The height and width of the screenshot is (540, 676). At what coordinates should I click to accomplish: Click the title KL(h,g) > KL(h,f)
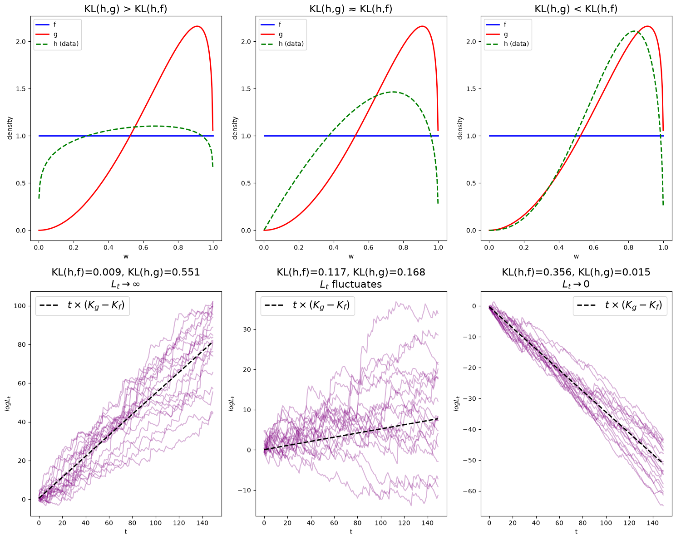[x=126, y=9]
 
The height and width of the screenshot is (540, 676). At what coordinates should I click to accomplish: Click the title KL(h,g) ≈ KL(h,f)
[x=351, y=9]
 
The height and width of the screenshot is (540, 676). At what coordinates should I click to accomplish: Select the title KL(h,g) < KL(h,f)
[x=576, y=9]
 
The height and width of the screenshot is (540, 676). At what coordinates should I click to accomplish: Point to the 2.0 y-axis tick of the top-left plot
[x=21, y=41]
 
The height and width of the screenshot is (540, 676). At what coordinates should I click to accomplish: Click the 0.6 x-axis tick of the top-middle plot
[x=368, y=247]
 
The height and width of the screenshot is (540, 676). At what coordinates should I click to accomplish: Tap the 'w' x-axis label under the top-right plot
[x=576, y=256]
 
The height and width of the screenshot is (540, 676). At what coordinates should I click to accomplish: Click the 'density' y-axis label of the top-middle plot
[x=235, y=128]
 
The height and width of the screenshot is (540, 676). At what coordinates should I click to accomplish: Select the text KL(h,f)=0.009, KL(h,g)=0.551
[x=126, y=272]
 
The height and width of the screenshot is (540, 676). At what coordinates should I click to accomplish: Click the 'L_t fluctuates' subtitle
[x=351, y=285]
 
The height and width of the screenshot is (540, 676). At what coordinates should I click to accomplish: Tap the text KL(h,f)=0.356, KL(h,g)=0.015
[x=576, y=272]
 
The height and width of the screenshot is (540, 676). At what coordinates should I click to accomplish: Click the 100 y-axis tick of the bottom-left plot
[x=20, y=306]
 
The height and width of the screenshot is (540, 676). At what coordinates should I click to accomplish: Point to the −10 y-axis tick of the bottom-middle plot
[x=244, y=490]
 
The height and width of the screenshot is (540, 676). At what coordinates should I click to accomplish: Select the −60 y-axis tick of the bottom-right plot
[x=469, y=491]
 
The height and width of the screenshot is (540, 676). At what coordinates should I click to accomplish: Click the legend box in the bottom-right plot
[x=620, y=305]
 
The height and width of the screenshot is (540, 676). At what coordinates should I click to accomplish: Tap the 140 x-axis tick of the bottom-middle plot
[x=427, y=523]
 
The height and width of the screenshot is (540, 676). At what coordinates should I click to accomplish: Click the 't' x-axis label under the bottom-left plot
[x=126, y=531]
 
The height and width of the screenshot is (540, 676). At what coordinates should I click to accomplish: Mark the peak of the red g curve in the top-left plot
[x=197, y=26]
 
